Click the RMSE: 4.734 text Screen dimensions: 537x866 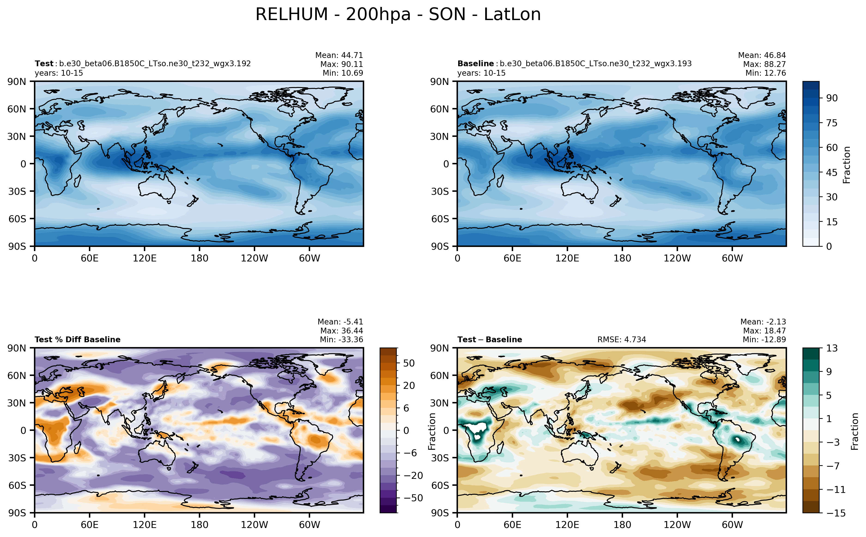(x=621, y=339)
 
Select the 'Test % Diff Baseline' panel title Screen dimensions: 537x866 (x=77, y=339)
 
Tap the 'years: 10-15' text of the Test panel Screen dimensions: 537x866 (x=59, y=73)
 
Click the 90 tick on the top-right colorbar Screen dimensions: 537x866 (x=832, y=98)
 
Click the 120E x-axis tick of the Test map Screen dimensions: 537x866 (x=144, y=258)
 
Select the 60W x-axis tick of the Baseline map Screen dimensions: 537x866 (x=732, y=258)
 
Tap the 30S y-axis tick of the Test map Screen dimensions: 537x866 (x=17, y=192)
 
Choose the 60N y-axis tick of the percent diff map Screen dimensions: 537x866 (x=17, y=375)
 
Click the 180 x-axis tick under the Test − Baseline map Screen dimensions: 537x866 (x=622, y=525)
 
